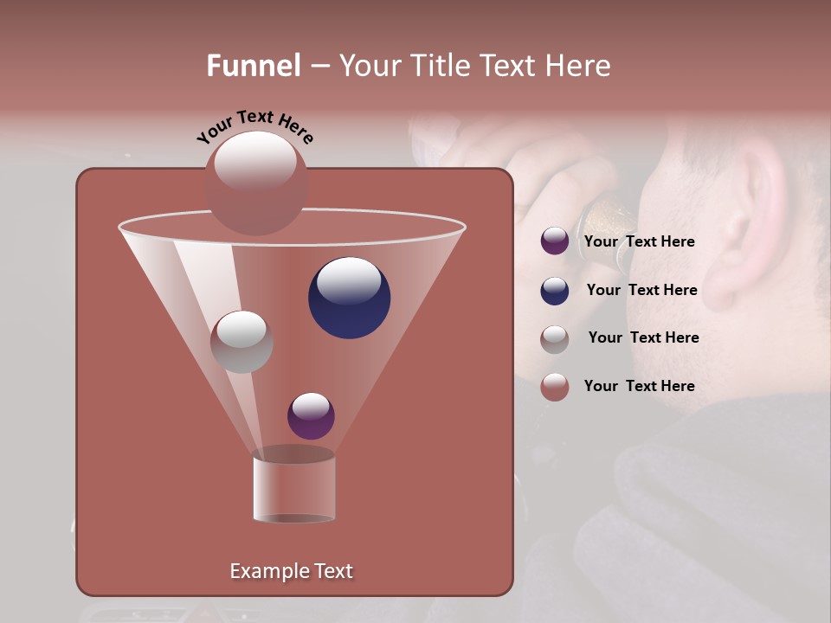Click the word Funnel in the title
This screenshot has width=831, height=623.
pyautogui.click(x=254, y=66)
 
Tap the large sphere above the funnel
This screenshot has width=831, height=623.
pyautogui.click(x=255, y=183)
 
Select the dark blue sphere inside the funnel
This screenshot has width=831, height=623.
pyautogui.click(x=349, y=298)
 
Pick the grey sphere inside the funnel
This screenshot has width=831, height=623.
pyautogui.click(x=242, y=342)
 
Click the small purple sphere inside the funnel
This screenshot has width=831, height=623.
pyautogui.click(x=311, y=415)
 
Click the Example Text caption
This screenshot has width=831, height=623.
pyautogui.click(x=291, y=571)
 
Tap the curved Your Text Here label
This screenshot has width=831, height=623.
pyautogui.click(x=254, y=126)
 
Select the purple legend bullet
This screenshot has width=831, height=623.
pyautogui.click(x=555, y=241)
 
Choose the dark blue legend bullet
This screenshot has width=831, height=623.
pyautogui.click(x=555, y=291)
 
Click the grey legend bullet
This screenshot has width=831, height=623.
pyautogui.click(x=555, y=338)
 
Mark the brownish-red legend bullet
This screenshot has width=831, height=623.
pyautogui.click(x=555, y=387)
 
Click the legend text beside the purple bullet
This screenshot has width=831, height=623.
pyautogui.click(x=639, y=242)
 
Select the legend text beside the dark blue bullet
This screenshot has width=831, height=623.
pyautogui.click(x=641, y=291)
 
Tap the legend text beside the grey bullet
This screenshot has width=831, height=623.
pyautogui.click(x=643, y=338)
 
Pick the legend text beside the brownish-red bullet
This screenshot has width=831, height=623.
pyautogui.click(x=639, y=386)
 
